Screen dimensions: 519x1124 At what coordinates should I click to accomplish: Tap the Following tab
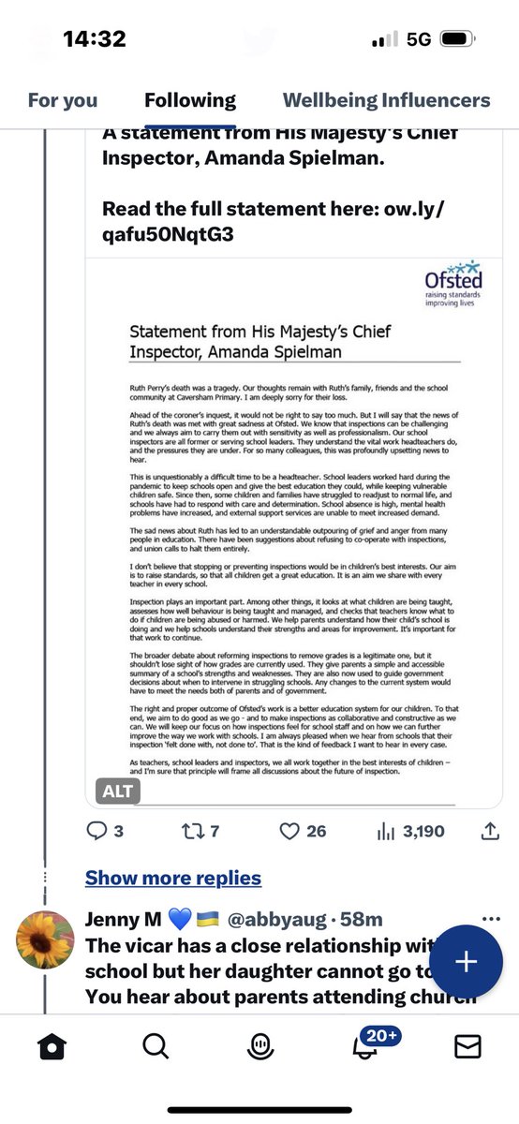[x=190, y=100]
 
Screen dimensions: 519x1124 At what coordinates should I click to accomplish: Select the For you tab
[x=63, y=100]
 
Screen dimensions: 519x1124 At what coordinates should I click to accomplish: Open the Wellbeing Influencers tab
[x=386, y=100]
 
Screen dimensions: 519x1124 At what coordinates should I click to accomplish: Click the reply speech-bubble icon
[x=97, y=831]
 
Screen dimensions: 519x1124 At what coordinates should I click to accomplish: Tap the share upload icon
[x=489, y=831]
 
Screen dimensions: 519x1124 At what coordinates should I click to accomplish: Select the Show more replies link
[x=173, y=878]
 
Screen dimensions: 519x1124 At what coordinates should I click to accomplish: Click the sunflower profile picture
[x=45, y=938]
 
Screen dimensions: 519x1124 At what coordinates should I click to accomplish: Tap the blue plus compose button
[x=466, y=962]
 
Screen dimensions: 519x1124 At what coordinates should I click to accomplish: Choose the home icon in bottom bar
[x=53, y=1045]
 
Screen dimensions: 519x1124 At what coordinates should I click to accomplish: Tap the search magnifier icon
[x=156, y=1045]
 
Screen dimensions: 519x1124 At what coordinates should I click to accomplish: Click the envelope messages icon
[x=467, y=1045]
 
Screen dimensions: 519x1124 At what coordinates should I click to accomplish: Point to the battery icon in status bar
[x=456, y=39]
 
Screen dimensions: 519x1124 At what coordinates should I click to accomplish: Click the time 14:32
[x=94, y=39]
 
